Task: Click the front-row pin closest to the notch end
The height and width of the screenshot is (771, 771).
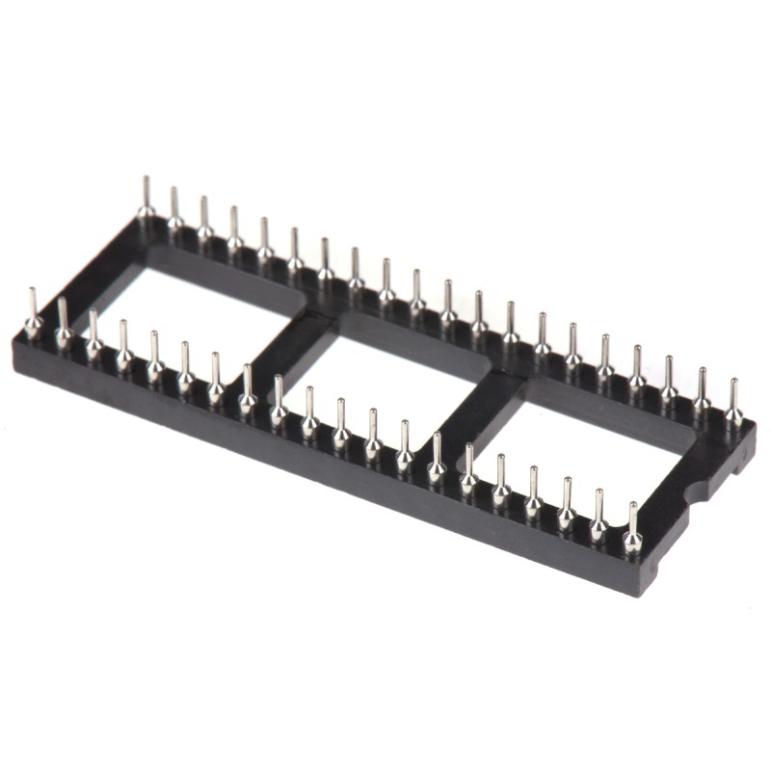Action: [632, 530]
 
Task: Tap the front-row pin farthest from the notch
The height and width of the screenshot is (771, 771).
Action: [33, 314]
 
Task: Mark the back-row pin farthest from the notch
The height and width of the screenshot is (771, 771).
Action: [146, 198]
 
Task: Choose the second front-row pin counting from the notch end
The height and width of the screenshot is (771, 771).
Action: [598, 517]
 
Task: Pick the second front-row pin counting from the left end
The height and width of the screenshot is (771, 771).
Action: [64, 324]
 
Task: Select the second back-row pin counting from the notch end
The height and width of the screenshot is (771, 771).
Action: [702, 390]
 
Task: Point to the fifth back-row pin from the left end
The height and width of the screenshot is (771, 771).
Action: [265, 240]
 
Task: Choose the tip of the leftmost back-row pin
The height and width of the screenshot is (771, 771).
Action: [146, 180]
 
